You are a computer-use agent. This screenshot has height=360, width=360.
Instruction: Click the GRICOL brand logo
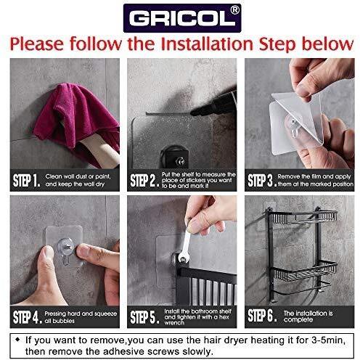pos(182,18)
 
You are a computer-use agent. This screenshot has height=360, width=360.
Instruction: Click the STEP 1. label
pos(26,181)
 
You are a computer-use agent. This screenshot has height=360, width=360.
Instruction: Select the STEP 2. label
pos(144,181)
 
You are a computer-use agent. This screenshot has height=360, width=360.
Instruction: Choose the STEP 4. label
pos(28,317)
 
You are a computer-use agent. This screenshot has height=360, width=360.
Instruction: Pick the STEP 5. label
pos(144,317)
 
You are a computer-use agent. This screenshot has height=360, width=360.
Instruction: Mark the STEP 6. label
pos(262,316)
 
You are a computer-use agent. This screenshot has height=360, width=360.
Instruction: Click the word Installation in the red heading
pos(207,44)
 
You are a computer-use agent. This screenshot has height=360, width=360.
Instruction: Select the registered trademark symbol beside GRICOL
pos(234,10)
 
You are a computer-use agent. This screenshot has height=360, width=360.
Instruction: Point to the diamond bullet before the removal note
pos(17,340)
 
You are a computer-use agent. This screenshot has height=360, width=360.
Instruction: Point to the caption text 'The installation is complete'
pos(308,316)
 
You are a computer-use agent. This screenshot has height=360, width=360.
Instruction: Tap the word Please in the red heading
pos(36,44)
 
